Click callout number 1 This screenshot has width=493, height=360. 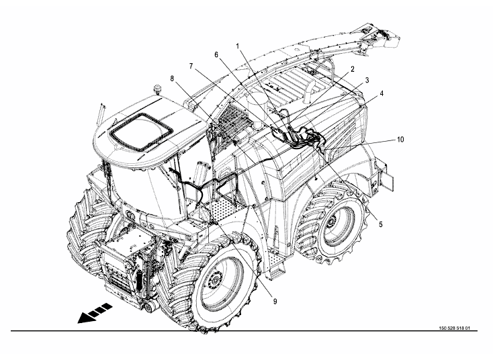point(238,46)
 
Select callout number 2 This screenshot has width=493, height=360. point(353,69)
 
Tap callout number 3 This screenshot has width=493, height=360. point(367,81)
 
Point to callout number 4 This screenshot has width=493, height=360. point(382,93)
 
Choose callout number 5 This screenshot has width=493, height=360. point(380,224)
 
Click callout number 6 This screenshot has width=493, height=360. point(216,54)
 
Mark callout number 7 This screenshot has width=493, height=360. point(191,66)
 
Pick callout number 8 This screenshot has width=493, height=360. point(172,79)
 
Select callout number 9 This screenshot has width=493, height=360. point(275,302)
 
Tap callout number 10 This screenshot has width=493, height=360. point(400,139)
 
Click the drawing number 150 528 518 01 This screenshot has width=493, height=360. point(454,328)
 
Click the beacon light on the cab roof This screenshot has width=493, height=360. point(158,89)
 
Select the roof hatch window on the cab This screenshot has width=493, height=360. point(140,132)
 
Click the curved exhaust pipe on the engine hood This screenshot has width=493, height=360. point(308,91)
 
